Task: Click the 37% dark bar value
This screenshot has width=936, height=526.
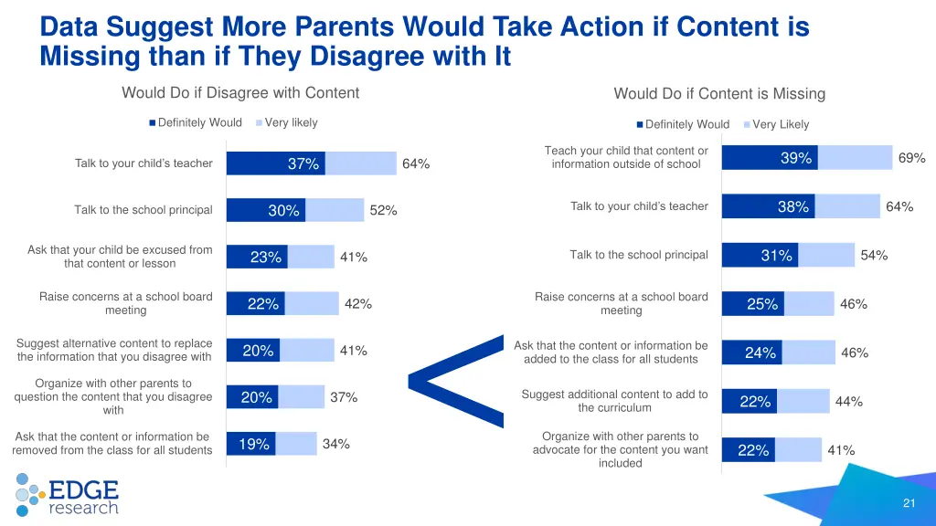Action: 303,164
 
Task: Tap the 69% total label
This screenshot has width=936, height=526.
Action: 911,158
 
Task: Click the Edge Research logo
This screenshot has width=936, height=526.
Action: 67,494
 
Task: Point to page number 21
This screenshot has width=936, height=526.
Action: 909,503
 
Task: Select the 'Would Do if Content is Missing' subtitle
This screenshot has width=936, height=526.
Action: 719,93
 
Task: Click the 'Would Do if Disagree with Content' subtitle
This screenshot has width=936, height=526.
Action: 240,92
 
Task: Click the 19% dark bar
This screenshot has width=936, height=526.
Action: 253,445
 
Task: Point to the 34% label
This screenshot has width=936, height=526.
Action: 335,444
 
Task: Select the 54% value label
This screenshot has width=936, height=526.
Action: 874,256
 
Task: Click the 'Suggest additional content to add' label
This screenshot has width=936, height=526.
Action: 614,401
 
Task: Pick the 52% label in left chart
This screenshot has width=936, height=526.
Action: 383,211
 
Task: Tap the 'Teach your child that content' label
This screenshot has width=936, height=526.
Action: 625,157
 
